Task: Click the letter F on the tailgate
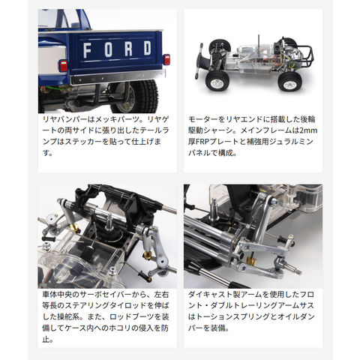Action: pos(87,50)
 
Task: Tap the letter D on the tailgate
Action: pos(148,48)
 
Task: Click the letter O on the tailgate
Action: pos(108,49)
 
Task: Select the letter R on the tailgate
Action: pos(128,49)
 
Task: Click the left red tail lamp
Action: pos(63,66)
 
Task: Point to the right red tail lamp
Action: pos(166,60)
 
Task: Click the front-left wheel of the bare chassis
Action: pos(215,81)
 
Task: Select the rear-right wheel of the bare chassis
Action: pos(289,82)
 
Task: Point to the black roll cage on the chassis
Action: pos(303,55)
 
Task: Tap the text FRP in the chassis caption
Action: pos(203,142)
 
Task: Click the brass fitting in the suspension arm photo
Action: pos(251,261)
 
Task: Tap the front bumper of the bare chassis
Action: pos(199,61)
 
